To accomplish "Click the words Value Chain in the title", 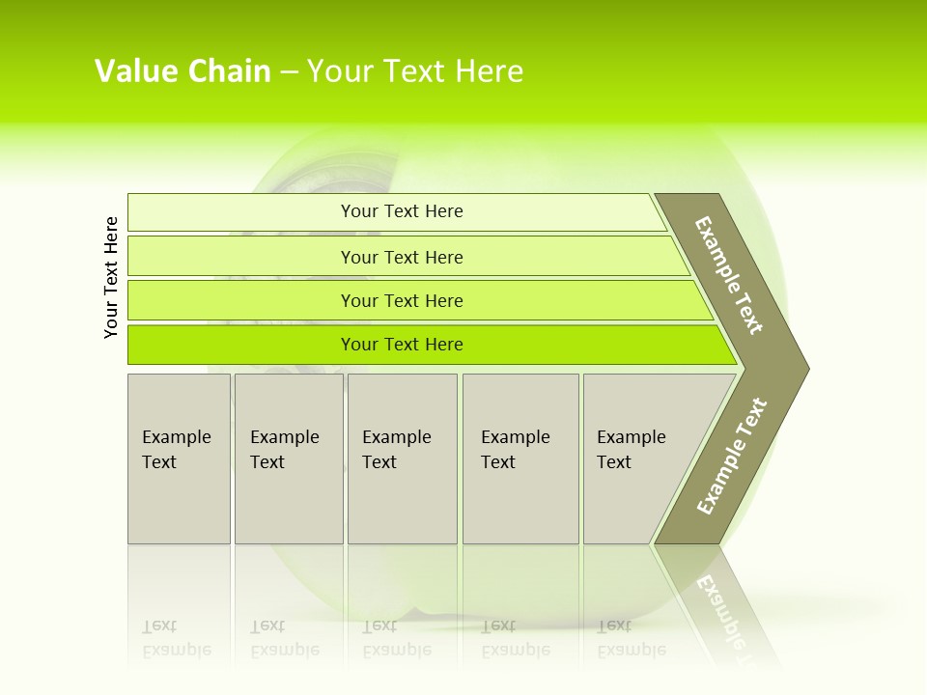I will tap(183, 71).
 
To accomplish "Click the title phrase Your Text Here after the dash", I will tap(415, 71).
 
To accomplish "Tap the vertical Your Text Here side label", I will tap(111, 277).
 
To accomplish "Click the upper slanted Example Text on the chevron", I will tap(729, 275).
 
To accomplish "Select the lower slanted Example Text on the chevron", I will tap(731, 457).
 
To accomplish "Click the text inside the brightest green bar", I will tap(402, 345).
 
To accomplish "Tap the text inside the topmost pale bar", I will tap(402, 211).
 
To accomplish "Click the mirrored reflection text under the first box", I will tap(176, 639).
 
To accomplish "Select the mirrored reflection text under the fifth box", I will tap(631, 639).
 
